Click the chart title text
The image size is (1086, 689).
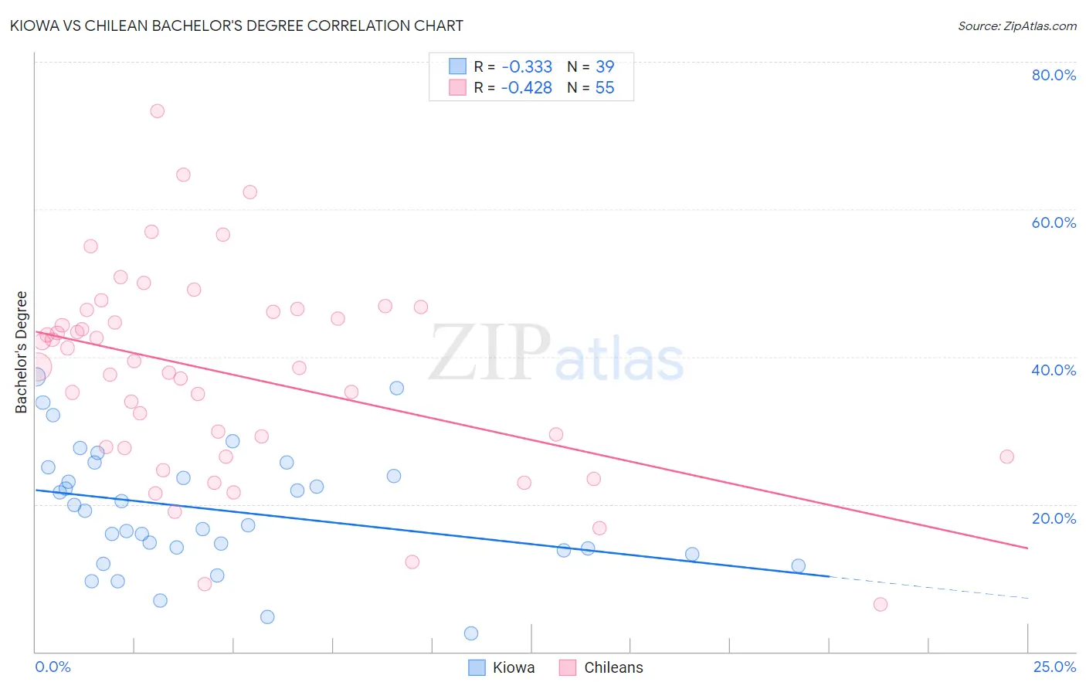tap(236, 25)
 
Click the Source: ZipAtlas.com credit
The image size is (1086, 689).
tap(1016, 25)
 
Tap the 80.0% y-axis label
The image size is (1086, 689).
tap(1054, 75)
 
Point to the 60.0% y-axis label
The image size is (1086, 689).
tap(1054, 222)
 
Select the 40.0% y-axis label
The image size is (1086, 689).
tap(1054, 370)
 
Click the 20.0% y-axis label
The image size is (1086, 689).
tap(1054, 518)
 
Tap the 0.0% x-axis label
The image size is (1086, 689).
tap(53, 667)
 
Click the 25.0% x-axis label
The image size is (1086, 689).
tap(1054, 667)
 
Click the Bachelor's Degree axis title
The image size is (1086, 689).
tap(22, 352)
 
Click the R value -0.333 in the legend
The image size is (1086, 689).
tap(527, 67)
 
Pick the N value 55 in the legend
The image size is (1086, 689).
tap(605, 88)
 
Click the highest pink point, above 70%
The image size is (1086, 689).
tap(158, 110)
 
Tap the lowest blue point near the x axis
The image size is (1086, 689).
tap(471, 633)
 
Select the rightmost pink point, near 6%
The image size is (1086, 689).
tap(881, 604)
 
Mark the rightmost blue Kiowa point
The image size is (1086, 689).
tap(799, 566)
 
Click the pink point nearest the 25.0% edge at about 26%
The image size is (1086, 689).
tap(1006, 457)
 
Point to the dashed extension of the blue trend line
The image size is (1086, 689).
tap(927, 588)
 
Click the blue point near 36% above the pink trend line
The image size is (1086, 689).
tap(397, 388)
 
